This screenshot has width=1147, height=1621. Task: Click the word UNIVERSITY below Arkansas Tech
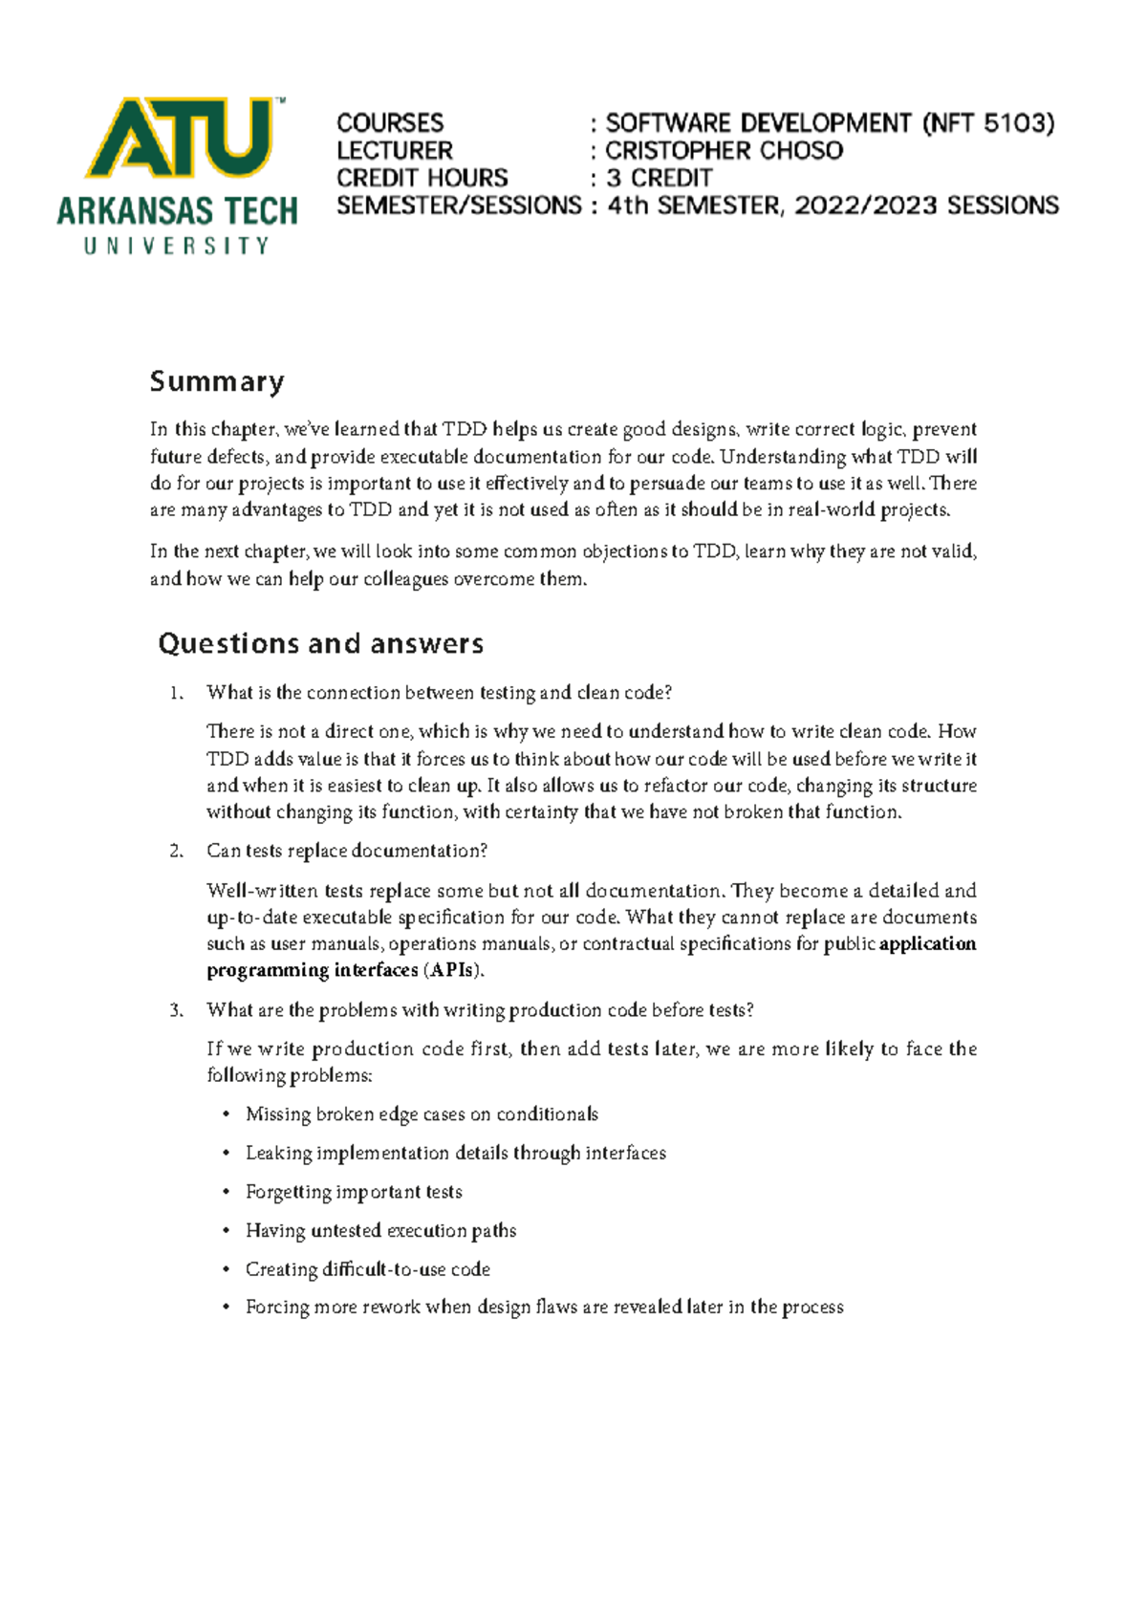click(x=177, y=247)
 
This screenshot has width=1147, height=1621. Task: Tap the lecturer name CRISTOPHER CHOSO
click(x=724, y=151)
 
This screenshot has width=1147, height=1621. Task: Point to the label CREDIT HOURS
click(x=422, y=179)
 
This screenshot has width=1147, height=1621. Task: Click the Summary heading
click(x=217, y=382)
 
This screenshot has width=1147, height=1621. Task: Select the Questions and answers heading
click(x=321, y=644)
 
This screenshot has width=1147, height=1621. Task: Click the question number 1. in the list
click(x=176, y=694)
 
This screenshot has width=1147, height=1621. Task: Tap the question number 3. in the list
click(x=176, y=1011)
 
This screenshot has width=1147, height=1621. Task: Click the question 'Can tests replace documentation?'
click(x=347, y=852)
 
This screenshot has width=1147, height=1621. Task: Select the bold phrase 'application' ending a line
click(x=927, y=944)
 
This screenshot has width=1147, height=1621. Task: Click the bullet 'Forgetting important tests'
click(x=354, y=1193)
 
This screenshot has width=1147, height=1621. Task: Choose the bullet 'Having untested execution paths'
click(x=380, y=1231)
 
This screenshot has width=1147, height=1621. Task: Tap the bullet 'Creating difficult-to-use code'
click(x=368, y=1270)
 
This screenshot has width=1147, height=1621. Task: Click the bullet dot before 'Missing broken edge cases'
click(x=227, y=1115)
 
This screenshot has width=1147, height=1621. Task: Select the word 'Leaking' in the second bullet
click(x=278, y=1154)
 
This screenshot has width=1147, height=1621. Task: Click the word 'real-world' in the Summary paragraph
click(x=831, y=510)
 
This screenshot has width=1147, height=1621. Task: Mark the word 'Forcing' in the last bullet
click(x=274, y=1308)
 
